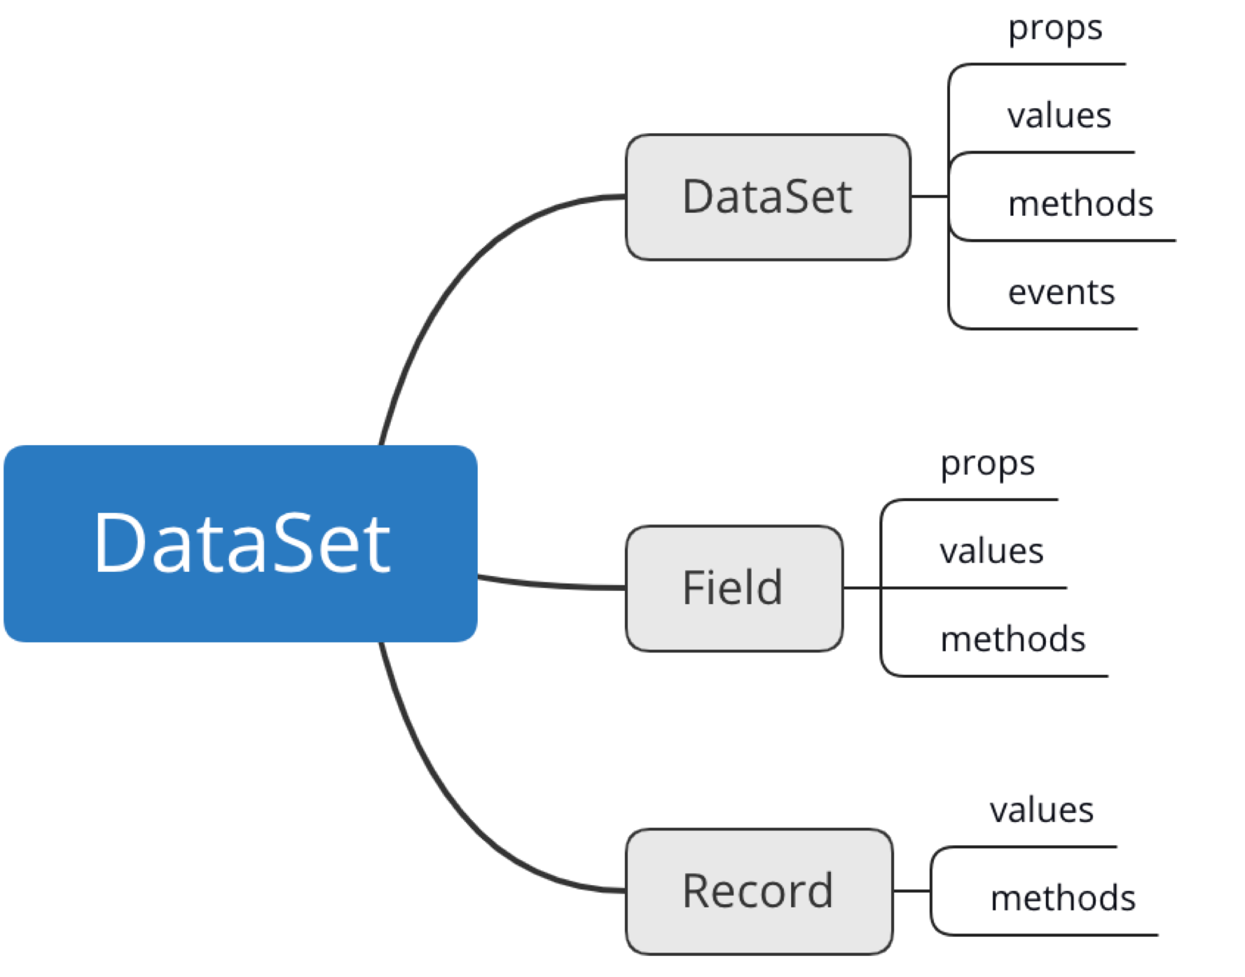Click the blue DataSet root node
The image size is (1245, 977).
[x=240, y=543]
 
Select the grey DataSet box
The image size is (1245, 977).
[x=768, y=197]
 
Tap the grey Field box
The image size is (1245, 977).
[x=734, y=588]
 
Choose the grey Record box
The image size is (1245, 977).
[x=759, y=891]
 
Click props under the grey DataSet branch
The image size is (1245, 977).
[x=1055, y=29]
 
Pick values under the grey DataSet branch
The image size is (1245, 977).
[x=1059, y=116]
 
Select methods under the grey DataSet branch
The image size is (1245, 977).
[x=1080, y=204]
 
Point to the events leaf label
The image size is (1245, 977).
[x=1061, y=292]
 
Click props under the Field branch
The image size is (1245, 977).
[x=987, y=465]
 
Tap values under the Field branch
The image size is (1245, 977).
[x=991, y=552]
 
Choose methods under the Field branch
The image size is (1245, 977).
[x=1013, y=639]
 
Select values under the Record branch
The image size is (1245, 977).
[x=1041, y=811]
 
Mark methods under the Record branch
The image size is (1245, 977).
[x=1063, y=899]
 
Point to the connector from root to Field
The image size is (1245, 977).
[x=553, y=585]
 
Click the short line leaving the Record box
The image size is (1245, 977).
[x=912, y=891]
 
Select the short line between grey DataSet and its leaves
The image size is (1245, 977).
[x=929, y=196]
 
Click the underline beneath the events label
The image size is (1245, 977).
[x=1051, y=328]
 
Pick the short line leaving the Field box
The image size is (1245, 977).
[x=862, y=587]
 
